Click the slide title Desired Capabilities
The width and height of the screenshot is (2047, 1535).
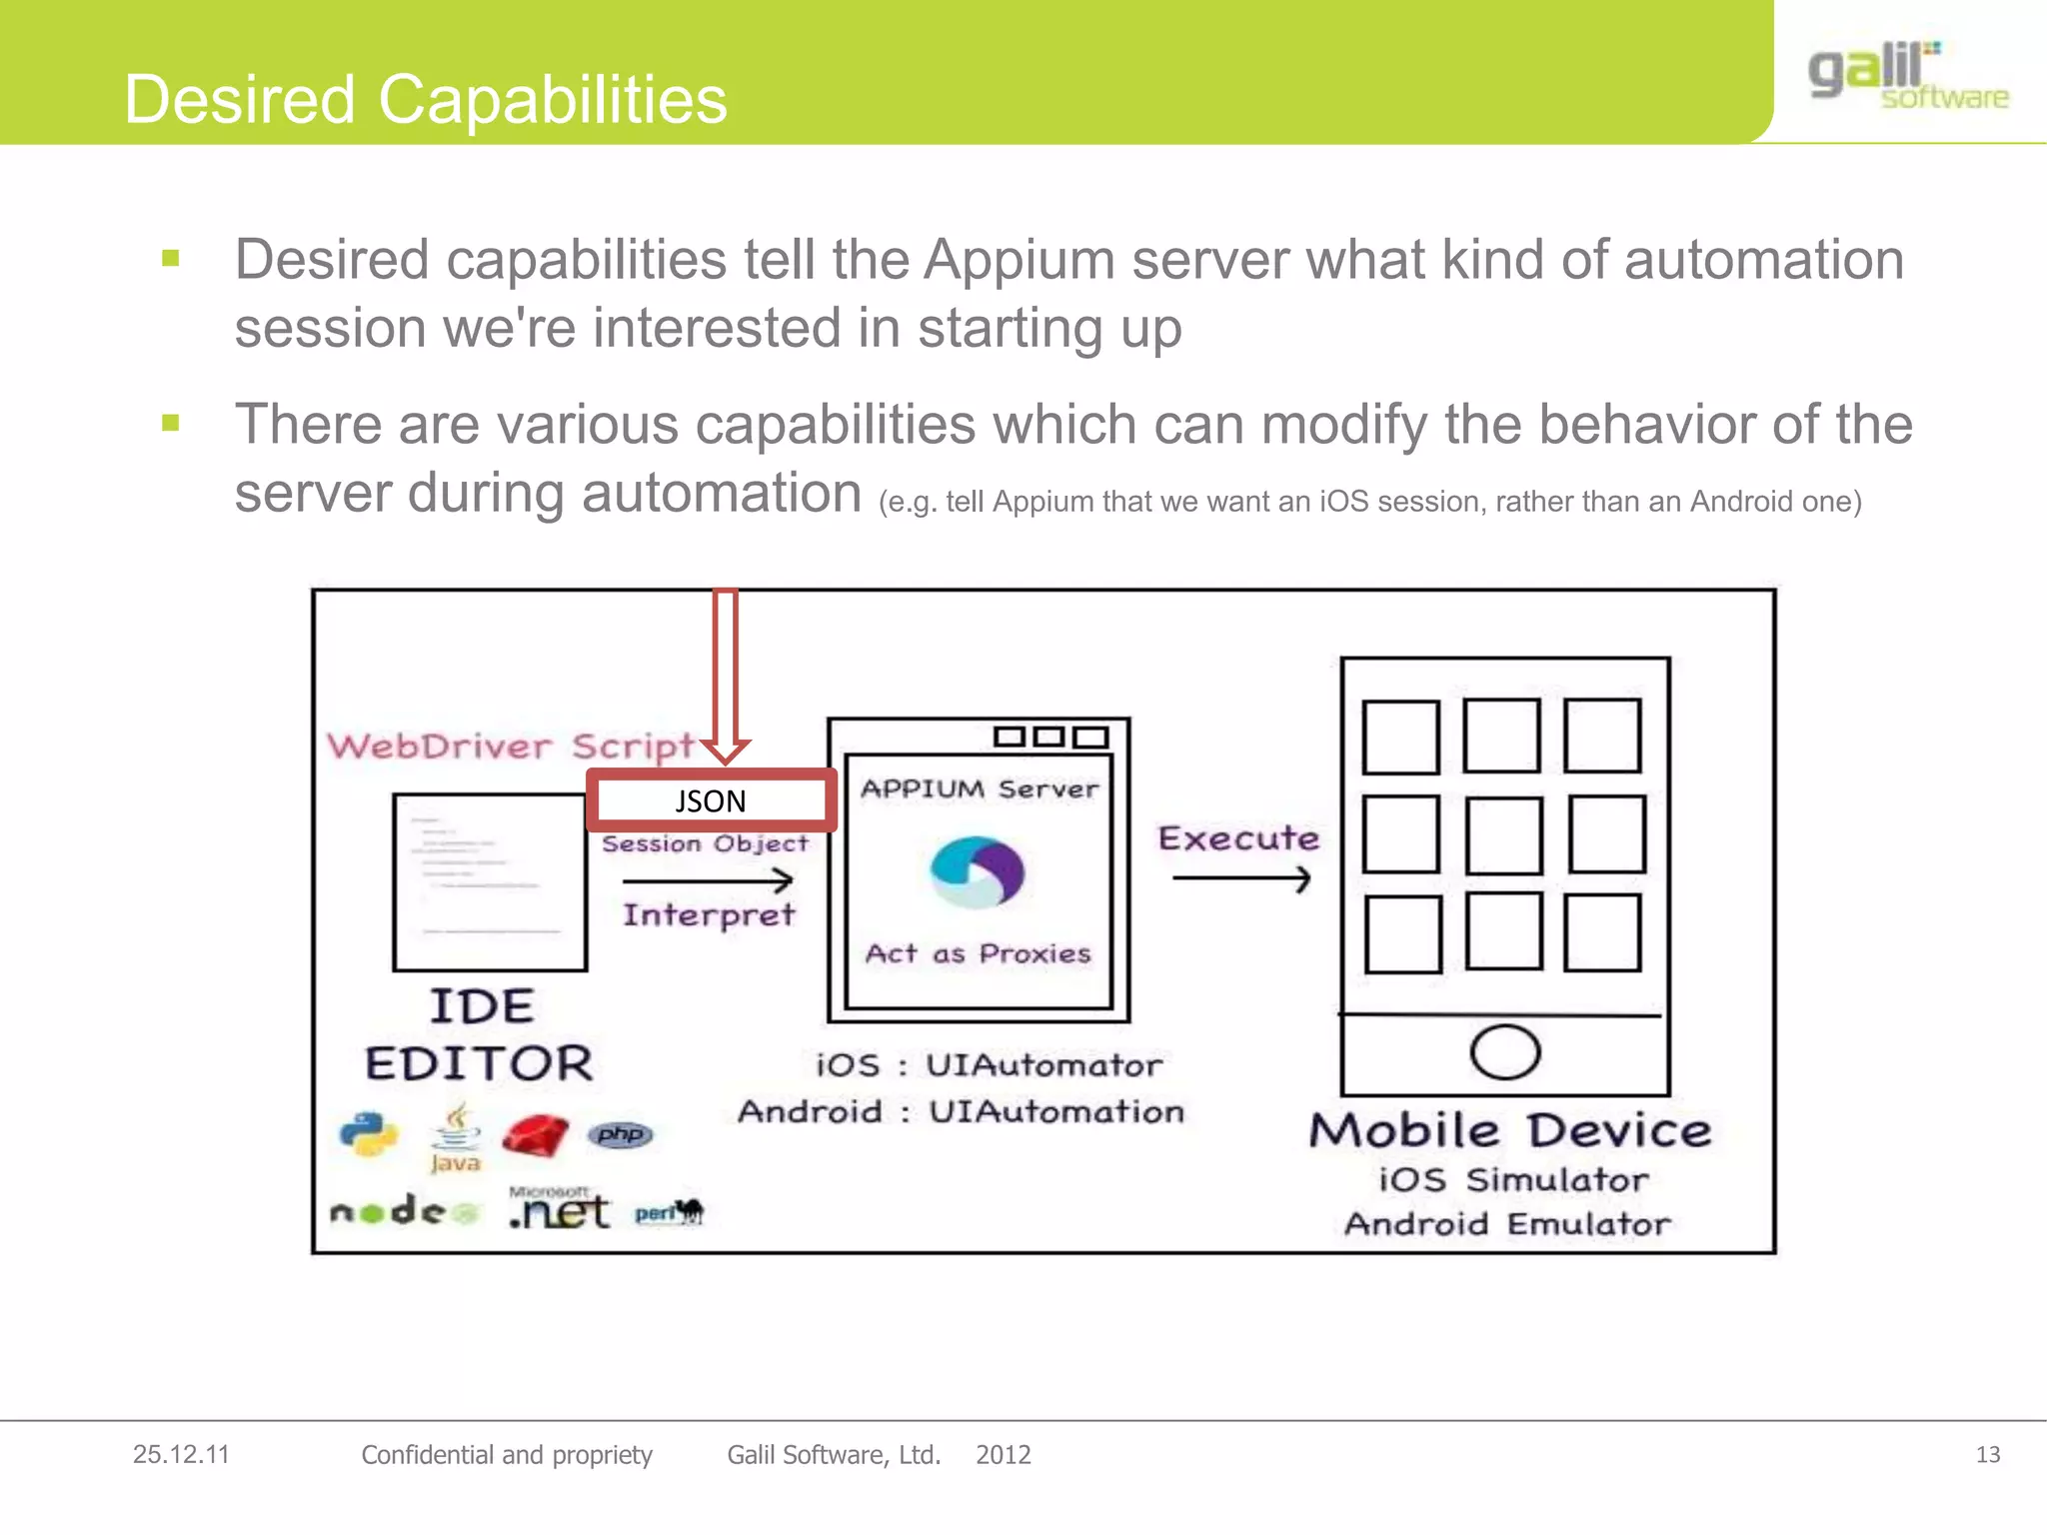(x=426, y=100)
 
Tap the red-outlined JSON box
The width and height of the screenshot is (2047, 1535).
(x=711, y=800)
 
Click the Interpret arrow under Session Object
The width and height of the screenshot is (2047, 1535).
(x=708, y=880)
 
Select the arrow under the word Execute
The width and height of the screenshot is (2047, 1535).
(x=1240, y=878)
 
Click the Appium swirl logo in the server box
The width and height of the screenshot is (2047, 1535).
(x=977, y=871)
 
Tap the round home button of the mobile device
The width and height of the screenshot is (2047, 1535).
(x=1504, y=1052)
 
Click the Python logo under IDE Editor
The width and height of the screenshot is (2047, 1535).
(x=368, y=1134)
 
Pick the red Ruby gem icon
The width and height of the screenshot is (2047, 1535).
(x=535, y=1136)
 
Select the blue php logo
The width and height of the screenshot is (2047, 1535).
(x=621, y=1134)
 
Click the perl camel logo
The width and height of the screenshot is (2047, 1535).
(x=670, y=1212)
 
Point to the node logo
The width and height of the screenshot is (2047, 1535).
(x=404, y=1212)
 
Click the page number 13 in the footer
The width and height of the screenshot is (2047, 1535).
(x=1987, y=1454)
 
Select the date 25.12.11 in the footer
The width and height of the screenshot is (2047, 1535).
(x=181, y=1454)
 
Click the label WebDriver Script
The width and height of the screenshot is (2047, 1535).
(x=510, y=746)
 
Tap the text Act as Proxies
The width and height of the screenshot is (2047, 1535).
(x=978, y=953)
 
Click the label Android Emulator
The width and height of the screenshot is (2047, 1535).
(x=1506, y=1224)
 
